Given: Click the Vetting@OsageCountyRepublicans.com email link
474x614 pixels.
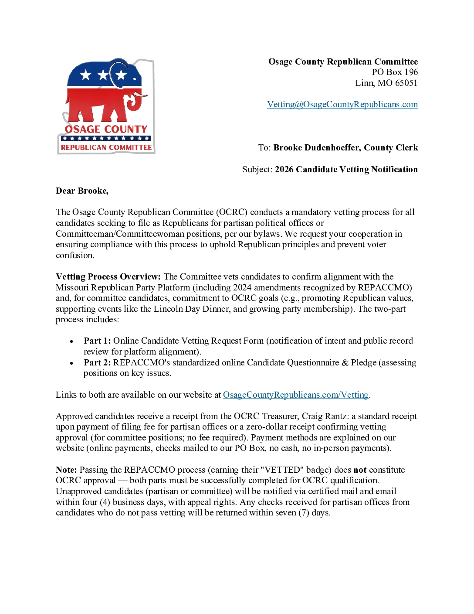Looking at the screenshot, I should pos(342,105).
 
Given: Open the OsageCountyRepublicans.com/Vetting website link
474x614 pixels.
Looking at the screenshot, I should pos(295,395).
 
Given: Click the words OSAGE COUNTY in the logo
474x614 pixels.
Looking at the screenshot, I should pos(106,130).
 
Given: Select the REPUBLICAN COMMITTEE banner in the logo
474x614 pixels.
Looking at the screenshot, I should pos(106,148).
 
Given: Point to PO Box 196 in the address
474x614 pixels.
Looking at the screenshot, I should pos(394,72).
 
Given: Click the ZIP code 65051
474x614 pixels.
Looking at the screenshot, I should pos(406,83).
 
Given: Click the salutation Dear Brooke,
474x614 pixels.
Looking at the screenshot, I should pos(82,191).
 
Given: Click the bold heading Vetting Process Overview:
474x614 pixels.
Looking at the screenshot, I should pos(108,277).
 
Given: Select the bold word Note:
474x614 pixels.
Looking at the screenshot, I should pos(66,470).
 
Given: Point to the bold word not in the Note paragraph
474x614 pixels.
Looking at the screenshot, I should pos(359,470).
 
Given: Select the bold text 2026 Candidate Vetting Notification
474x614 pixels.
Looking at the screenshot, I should pos(346,170).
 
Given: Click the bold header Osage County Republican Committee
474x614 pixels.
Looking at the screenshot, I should pos(343,62).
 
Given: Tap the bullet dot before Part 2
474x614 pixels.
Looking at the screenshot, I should pos(71,363).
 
